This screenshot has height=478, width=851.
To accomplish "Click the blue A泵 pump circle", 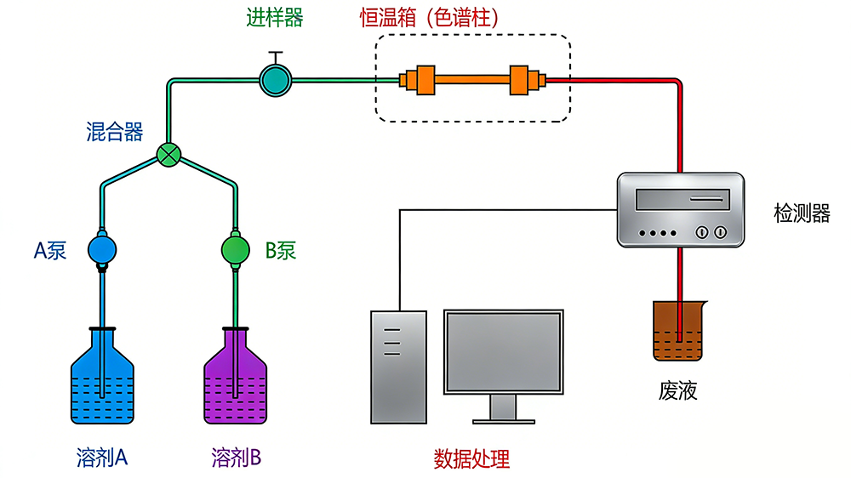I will [101, 250].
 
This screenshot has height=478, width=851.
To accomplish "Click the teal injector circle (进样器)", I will [275, 80].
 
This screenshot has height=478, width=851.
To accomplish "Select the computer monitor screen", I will [503, 351].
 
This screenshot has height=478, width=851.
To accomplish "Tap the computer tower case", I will [398, 366].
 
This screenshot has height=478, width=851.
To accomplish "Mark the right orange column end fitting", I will [521, 80].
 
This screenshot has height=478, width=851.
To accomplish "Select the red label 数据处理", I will [471, 459].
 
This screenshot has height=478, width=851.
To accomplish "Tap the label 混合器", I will [114, 132].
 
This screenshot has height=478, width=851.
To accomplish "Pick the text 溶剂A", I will [101, 458].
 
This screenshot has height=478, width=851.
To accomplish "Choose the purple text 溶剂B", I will [236, 458].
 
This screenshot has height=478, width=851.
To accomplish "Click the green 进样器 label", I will [274, 18].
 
